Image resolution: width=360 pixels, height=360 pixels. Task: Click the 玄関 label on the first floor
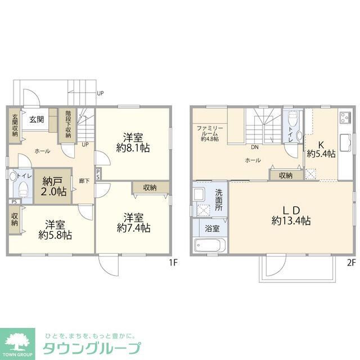[37, 119]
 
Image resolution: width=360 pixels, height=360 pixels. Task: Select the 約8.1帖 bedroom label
[133, 142]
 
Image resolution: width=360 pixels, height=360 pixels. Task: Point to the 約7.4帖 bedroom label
[133, 223]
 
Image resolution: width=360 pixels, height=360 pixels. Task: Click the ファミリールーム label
[210, 132]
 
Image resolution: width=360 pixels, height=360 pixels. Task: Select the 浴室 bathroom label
[212, 229]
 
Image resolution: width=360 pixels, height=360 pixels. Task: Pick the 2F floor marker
[352, 262]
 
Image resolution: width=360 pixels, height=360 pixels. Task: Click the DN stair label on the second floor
[254, 148]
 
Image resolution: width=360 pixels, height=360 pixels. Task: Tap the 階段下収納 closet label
[67, 124]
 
